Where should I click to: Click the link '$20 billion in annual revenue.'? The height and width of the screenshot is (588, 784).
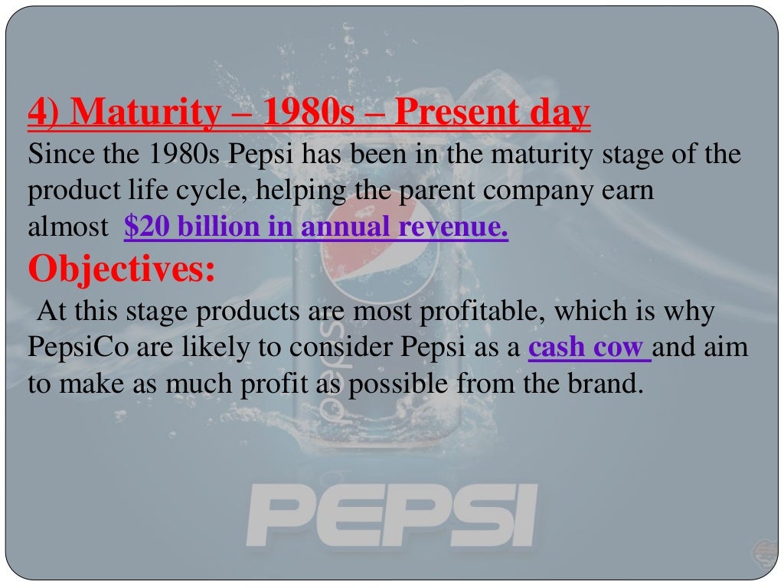[x=315, y=227]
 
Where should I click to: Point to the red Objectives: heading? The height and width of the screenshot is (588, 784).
[x=122, y=269]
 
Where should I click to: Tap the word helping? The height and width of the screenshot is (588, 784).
[x=296, y=191]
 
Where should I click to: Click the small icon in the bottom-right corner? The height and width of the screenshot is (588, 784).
[x=763, y=550]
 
